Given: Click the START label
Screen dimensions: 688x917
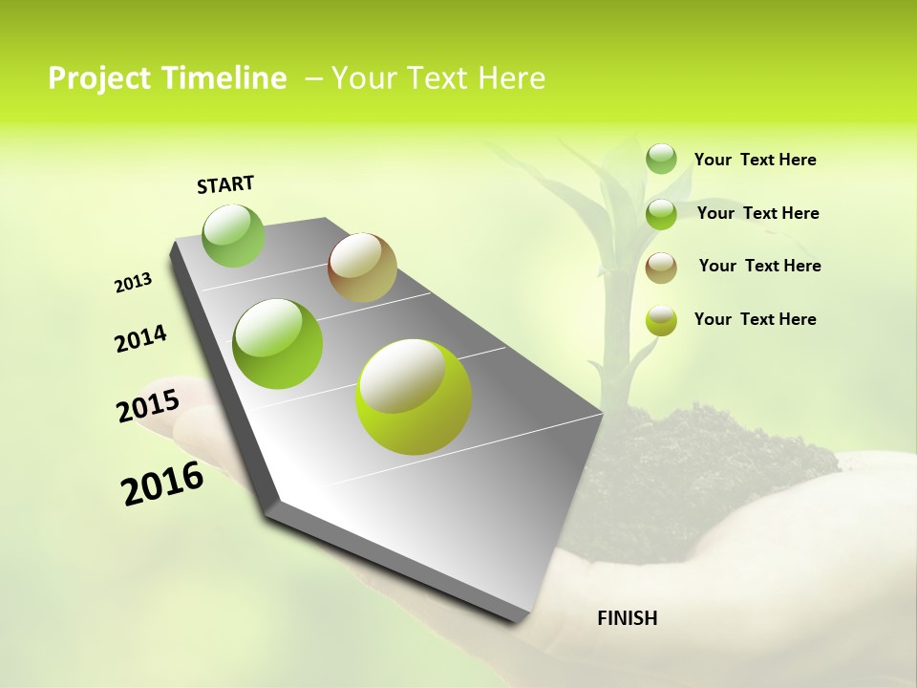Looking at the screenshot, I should tap(225, 184).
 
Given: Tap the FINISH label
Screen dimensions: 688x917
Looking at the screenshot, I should tap(627, 618).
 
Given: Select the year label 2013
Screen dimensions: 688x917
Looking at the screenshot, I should tap(133, 283).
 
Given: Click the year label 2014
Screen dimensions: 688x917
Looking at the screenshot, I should tap(140, 339).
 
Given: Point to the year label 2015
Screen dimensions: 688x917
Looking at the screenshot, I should tap(147, 405).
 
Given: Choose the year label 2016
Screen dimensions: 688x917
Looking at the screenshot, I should tap(162, 484).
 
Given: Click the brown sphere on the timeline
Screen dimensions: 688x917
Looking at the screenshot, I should tap(362, 268).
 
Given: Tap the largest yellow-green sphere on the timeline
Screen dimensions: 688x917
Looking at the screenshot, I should tap(414, 397).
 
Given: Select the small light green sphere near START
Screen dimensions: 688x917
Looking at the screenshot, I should tap(234, 235).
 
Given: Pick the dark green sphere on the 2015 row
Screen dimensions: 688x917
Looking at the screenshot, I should tap(278, 344).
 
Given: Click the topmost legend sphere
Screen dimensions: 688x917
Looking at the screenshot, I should tap(661, 159).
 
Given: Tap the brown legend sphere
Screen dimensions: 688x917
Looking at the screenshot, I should tap(661, 268).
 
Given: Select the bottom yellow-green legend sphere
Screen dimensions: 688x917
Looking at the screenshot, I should tap(661, 320).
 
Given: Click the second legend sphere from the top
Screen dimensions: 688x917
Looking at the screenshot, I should tap(661, 214).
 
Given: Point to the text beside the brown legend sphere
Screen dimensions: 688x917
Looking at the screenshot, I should tap(759, 266).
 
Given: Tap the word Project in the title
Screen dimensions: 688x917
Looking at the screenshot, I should tap(98, 78).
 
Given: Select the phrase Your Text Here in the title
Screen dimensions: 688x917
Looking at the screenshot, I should tap(438, 78).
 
